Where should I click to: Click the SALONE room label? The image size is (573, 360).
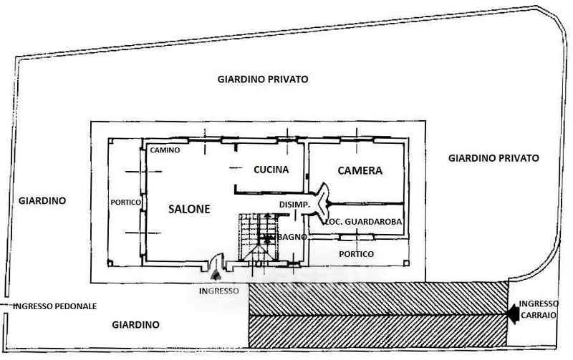tap(189, 209)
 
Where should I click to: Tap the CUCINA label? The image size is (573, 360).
tap(271, 170)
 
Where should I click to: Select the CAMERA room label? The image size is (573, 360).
tap(360, 171)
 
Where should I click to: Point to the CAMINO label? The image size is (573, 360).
tap(164, 150)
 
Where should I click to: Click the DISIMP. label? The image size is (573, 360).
tap(294, 205)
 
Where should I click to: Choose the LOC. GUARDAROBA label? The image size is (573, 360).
tap(364, 223)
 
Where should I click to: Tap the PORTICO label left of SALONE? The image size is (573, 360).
tap(125, 203)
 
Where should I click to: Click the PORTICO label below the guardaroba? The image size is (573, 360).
tap(356, 254)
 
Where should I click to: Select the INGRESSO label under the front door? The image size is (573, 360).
tap(220, 291)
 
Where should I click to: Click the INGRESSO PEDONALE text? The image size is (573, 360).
tap(54, 306)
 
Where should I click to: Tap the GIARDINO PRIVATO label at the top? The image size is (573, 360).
tap(263, 79)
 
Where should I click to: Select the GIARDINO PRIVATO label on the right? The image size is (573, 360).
tap(493, 157)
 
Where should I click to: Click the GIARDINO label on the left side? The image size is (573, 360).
tap(42, 201)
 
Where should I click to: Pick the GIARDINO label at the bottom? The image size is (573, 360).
tap(136, 324)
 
